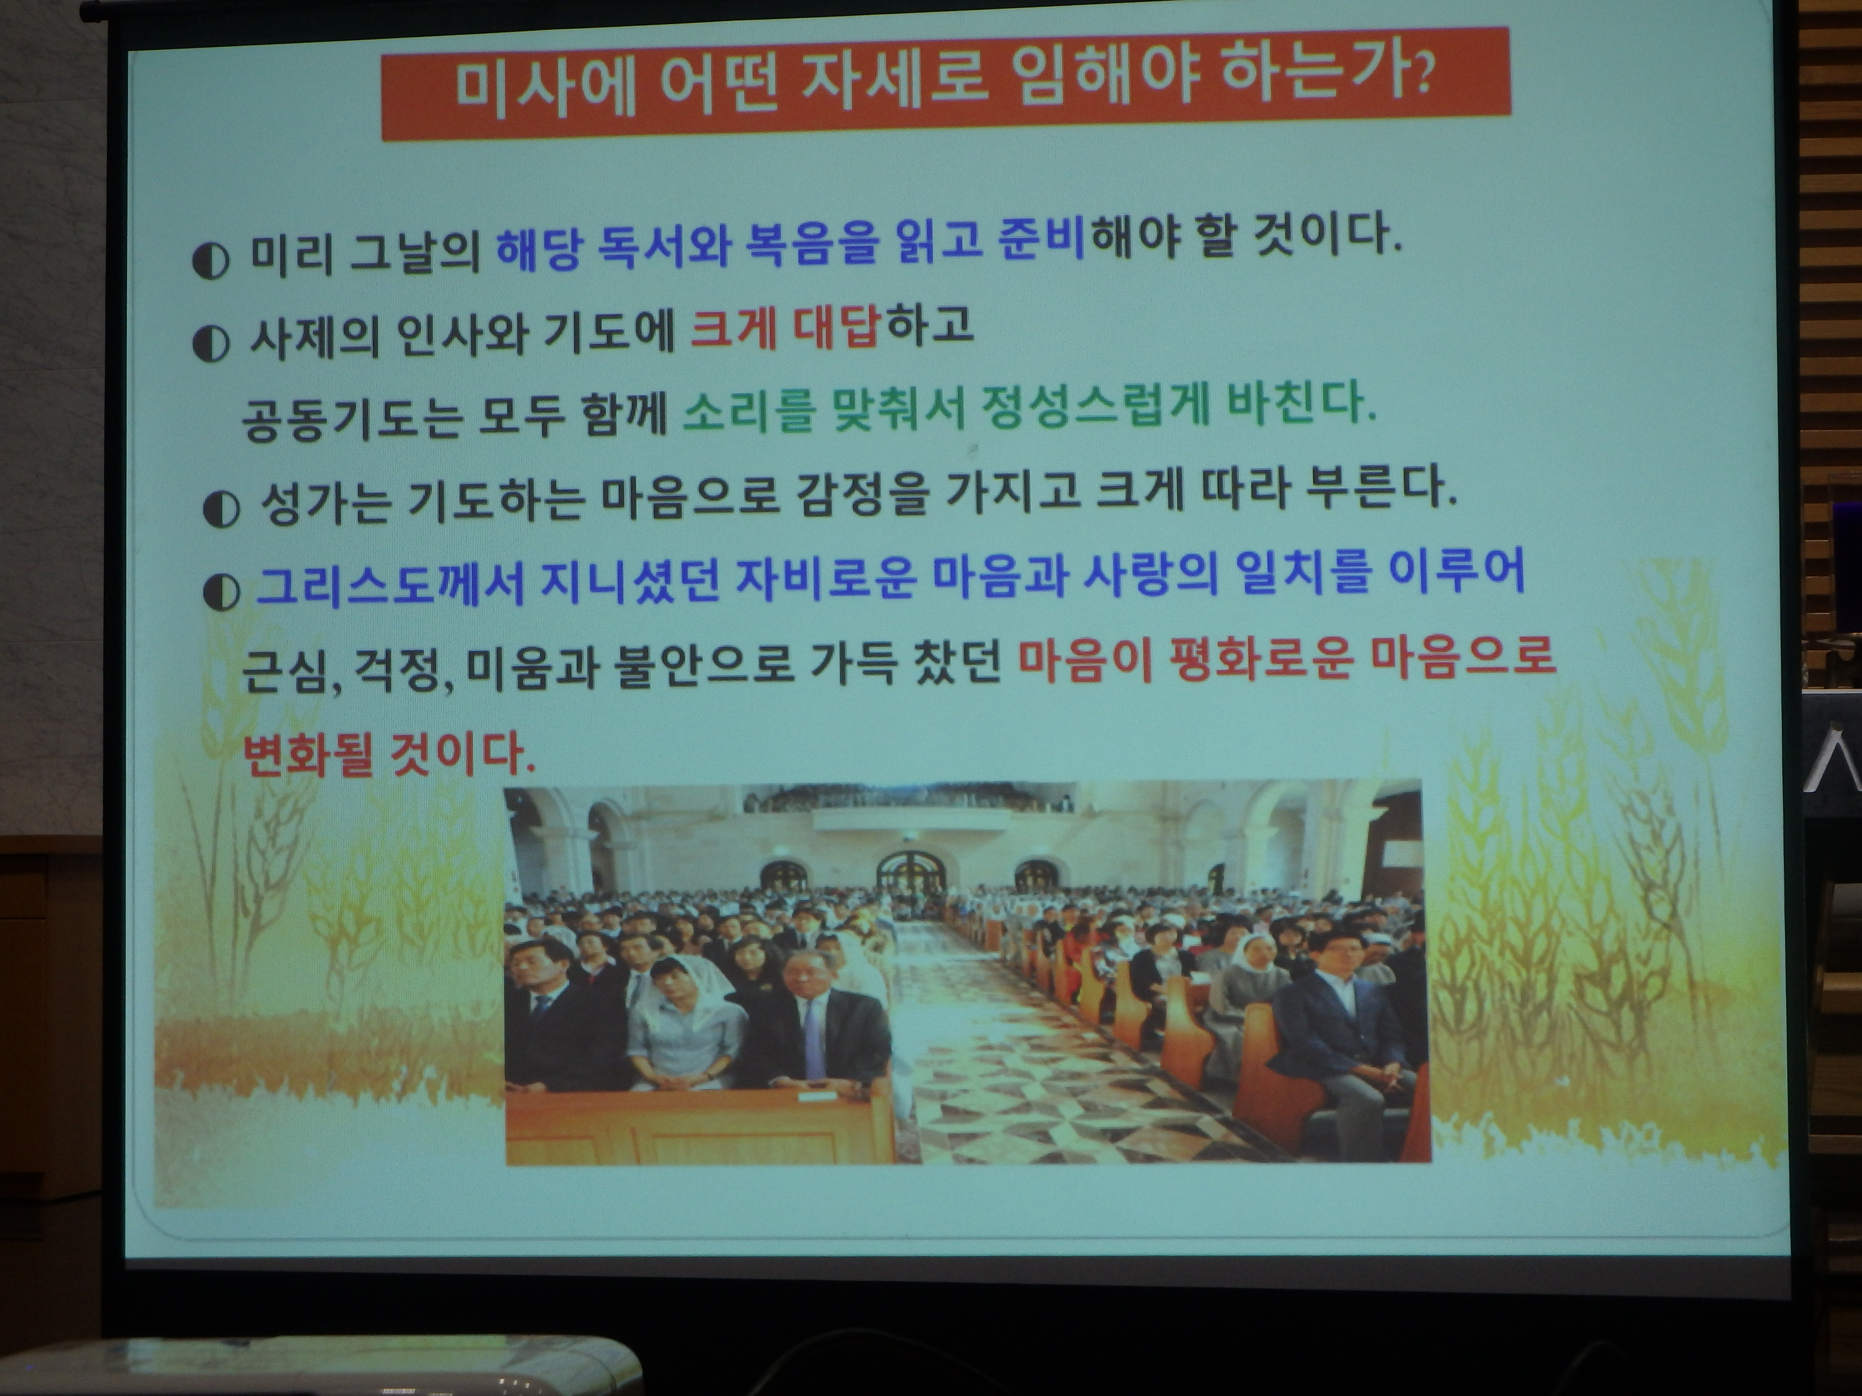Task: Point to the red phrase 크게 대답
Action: [x=785, y=328]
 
